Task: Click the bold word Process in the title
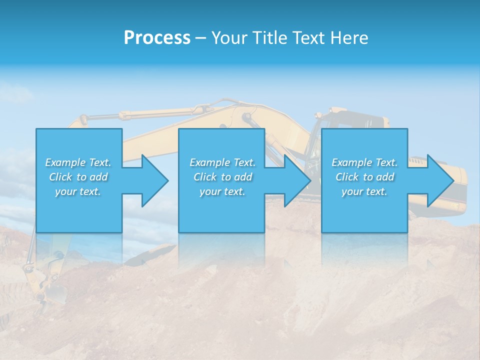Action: coord(157,38)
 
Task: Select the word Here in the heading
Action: coord(349,38)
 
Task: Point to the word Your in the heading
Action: coord(229,38)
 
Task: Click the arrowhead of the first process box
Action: coord(154,180)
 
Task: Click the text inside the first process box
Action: coord(78,177)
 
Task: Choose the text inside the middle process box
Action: coord(222,177)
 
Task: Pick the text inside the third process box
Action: coord(364,177)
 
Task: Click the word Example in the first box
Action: coord(65,162)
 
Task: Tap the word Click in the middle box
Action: coord(204,177)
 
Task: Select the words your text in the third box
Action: coord(364,191)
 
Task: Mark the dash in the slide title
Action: coord(200,38)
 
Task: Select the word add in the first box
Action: coord(99,177)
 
